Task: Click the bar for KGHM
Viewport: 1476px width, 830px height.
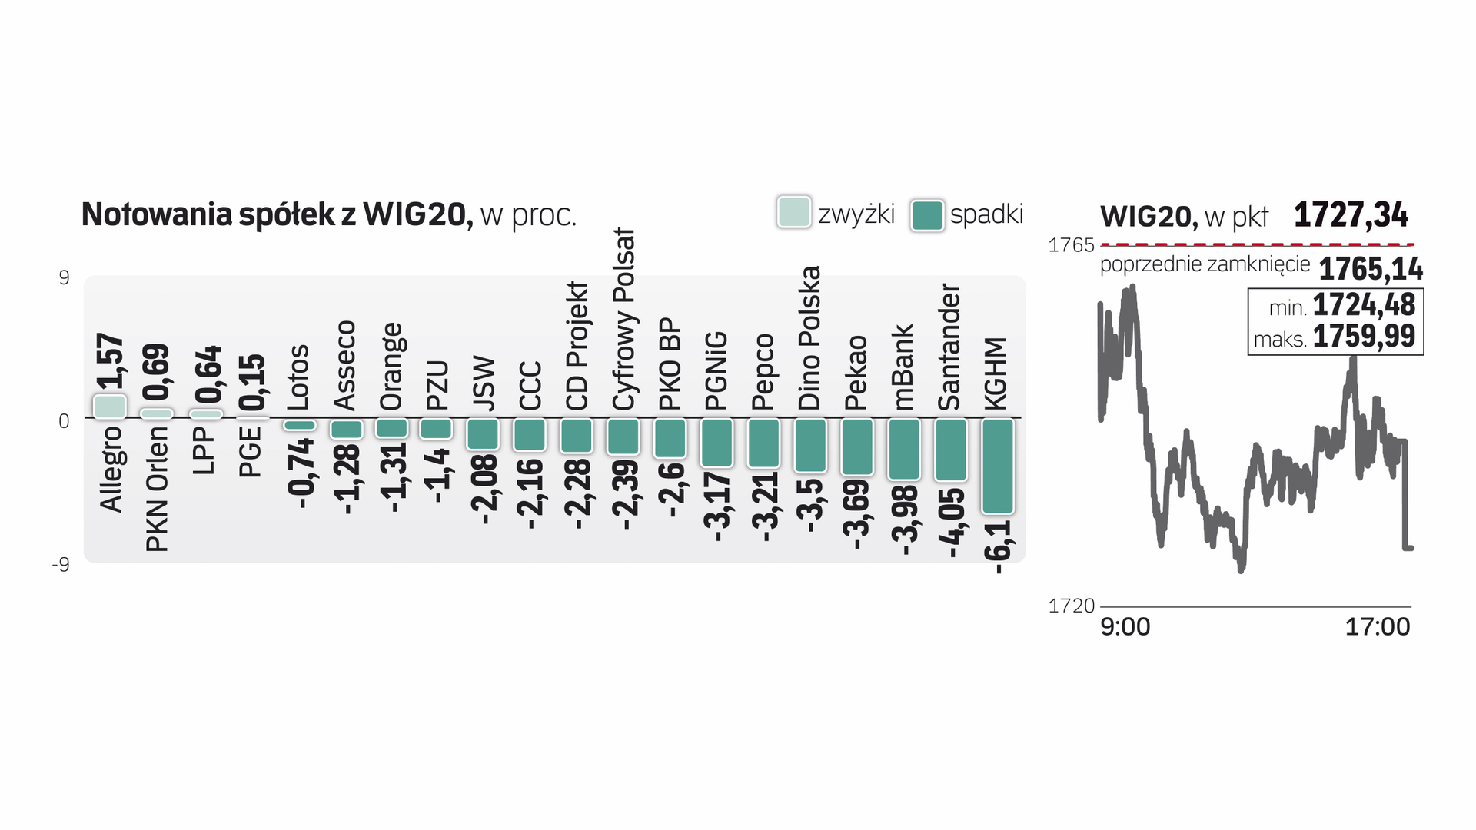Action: coord(998,466)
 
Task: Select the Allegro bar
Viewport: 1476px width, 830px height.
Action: coord(109,407)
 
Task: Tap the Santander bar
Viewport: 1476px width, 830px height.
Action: coord(951,450)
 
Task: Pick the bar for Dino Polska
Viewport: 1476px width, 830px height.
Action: coord(810,445)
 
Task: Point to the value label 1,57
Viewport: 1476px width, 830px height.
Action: coord(110,361)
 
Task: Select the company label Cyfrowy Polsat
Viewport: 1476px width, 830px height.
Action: coord(624,320)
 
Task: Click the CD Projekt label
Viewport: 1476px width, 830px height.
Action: coord(577,346)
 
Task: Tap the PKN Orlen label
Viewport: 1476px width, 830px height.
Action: coord(157,489)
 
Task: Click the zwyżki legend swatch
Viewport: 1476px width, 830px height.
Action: coord(794,213)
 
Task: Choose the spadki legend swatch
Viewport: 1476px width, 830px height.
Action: coord(926,214)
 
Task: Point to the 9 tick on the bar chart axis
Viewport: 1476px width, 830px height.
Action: coord(64,277)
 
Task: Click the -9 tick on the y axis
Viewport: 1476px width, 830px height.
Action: coord(61,565)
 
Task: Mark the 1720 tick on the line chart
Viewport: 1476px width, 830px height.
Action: coord(1071,606)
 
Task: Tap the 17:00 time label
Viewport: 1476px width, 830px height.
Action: coord(1377,627)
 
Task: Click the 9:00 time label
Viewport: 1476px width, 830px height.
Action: coord(1125,627)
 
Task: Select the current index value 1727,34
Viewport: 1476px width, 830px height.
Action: coord(1351,215)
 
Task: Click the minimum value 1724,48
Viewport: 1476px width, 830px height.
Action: coord(1363,305)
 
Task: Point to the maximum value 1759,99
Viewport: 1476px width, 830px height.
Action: coord(1363,337)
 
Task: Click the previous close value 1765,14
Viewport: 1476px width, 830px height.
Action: coord(1371,270)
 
